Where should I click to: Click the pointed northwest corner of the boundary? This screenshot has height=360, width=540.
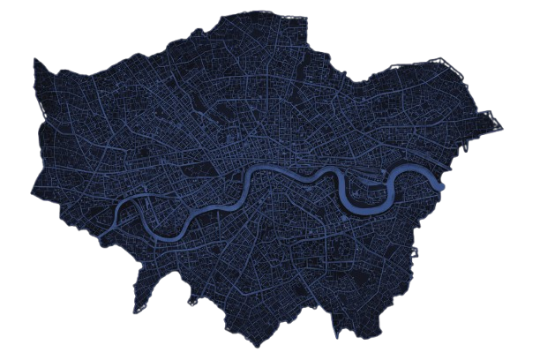(x=35, y=60)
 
